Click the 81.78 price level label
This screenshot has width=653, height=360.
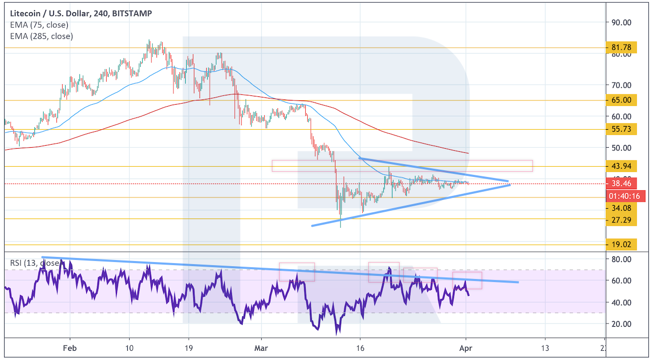pos(621,48)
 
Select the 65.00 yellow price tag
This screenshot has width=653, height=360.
pos(621,100)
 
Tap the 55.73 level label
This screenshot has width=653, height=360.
pos(621,129)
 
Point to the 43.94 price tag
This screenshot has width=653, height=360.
pos(621,166)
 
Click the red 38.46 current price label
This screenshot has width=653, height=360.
pos(621,183)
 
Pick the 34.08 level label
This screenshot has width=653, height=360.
pos(621,208)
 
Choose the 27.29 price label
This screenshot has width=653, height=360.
pos(621,220)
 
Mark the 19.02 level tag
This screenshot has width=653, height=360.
pos(621,245)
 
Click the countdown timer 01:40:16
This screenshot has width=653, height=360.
pos(621,195)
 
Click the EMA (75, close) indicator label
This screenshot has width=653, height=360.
pos(39,25)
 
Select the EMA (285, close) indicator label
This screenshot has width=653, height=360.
pos(41,36)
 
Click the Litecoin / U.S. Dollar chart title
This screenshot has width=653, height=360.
pos(81,13)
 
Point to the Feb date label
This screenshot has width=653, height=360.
pos(70,348)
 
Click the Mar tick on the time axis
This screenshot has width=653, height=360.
pos(261,348)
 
